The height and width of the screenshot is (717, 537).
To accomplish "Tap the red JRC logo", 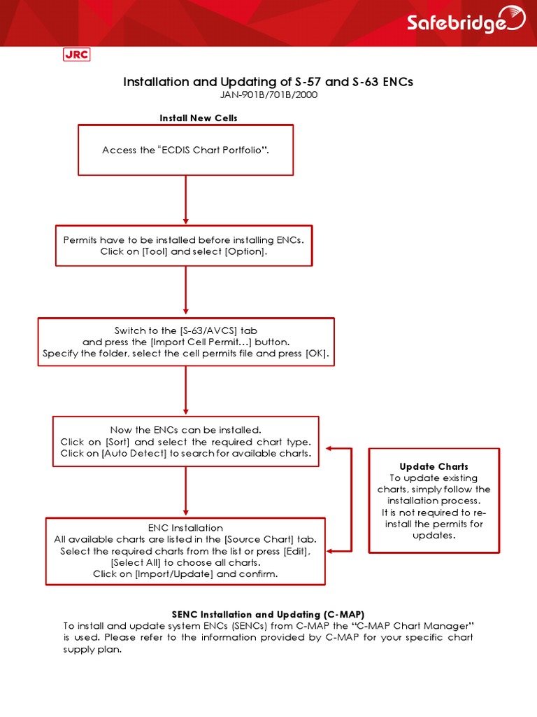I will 76,55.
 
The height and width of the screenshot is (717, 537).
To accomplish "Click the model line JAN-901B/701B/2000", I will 268,95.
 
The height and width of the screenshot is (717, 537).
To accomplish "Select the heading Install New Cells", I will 199,118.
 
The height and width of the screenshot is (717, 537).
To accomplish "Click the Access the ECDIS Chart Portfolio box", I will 185,150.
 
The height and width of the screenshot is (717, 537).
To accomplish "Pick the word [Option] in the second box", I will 245,251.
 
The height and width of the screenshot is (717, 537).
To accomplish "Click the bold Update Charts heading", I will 434,466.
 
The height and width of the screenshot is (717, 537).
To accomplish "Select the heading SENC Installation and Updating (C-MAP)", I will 268,613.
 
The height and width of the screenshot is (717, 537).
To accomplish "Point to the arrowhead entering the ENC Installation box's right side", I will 331,551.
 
